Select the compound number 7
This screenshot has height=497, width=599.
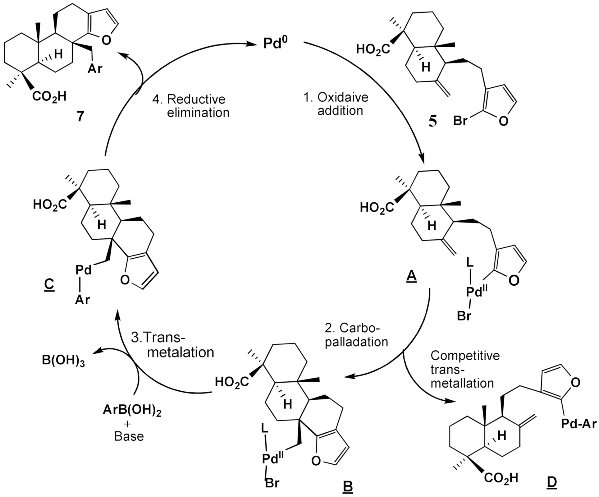(80, 117)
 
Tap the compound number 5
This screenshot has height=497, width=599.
(432, 122)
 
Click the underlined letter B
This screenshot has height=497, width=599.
(348, 486)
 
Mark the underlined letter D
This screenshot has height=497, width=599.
(551, 482)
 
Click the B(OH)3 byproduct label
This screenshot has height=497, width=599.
(63, 362)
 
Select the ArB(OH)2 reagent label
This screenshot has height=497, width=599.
(132, 411)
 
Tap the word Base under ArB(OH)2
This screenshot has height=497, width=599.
(129, 436)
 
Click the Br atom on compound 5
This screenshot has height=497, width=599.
(460, 120)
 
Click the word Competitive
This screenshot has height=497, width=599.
(465, 356)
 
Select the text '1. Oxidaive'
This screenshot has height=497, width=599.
(336, 97)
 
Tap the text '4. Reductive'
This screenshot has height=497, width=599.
(189, 99)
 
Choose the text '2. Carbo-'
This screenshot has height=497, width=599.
(352, 328)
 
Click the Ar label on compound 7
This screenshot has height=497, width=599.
(95, 68)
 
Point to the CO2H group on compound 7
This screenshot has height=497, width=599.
(49, 97)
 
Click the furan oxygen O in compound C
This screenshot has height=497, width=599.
(125, 280)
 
